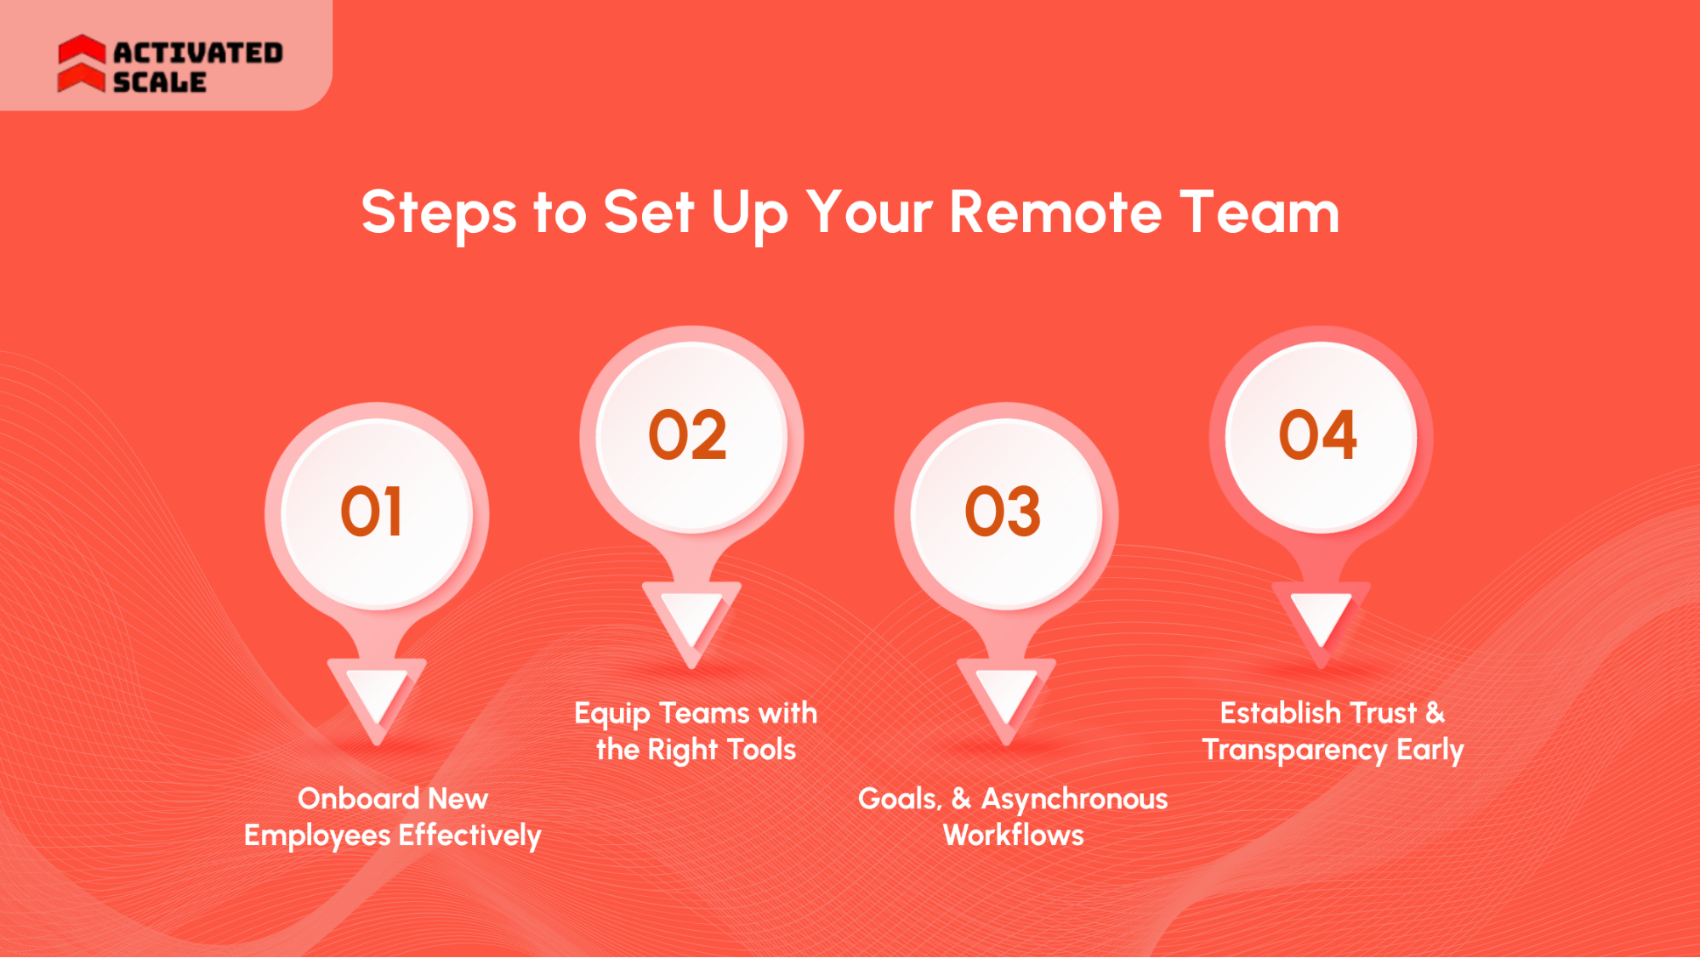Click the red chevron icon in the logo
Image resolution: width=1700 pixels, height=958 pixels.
[82, 63]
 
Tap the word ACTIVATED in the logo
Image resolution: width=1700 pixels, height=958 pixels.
[198, 53]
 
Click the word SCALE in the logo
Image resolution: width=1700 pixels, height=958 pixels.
[160, 82]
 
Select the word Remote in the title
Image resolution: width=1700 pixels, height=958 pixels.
[1055, 212]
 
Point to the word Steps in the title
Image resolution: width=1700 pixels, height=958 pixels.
[439, 213]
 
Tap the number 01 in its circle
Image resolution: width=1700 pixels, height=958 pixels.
[372, 512]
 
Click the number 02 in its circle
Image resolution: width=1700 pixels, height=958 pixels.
[688, 435]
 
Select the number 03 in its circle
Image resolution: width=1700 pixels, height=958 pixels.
[1003, 512]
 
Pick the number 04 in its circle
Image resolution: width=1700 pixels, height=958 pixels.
[1318, 435]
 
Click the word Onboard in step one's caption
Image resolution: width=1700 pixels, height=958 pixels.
[358, 798]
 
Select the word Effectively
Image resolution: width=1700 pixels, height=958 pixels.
[469, 836]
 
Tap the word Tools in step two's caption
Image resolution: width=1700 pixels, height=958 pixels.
[762, 750]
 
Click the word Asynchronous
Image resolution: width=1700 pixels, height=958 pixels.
[1074, 799]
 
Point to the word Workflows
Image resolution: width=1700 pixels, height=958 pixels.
[1014, 836]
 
